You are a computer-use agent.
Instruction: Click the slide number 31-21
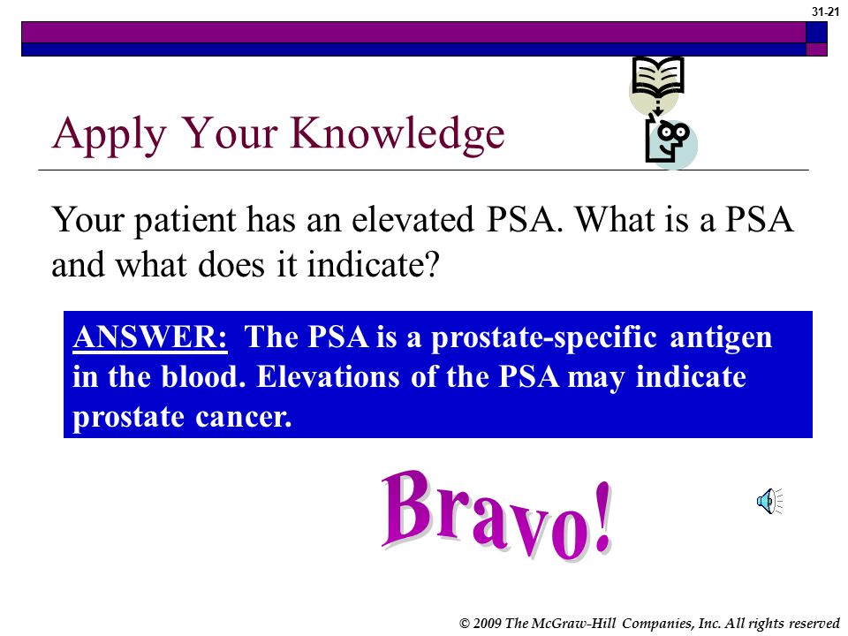point(825,11)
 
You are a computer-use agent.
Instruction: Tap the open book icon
point(657,78)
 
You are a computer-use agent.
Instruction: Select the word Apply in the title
point(109,134)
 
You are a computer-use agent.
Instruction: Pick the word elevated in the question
point(413,220)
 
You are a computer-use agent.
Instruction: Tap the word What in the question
point(614,219)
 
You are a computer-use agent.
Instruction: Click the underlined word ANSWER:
point(150,337)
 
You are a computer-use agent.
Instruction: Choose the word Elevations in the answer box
point(328,376)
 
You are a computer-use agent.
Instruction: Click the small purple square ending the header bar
point(816,49)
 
